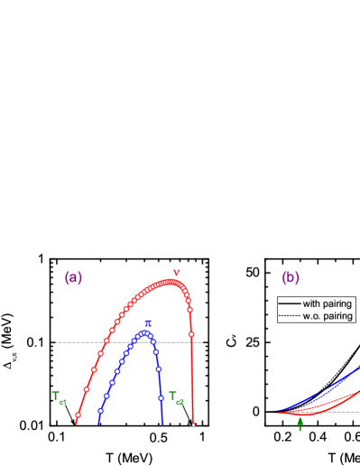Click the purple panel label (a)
(73, 278)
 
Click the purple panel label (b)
(291, 278)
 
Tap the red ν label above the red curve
(176, 273)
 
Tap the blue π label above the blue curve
(148, 323)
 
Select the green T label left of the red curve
(58, 396)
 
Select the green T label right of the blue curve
(176, 396)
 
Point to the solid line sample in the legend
(289, 303)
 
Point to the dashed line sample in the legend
(289, 316)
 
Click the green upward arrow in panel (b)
(300, 424)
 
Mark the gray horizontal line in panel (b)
(343, 412)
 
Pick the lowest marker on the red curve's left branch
(78, 415)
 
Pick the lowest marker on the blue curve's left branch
(100, 411)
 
